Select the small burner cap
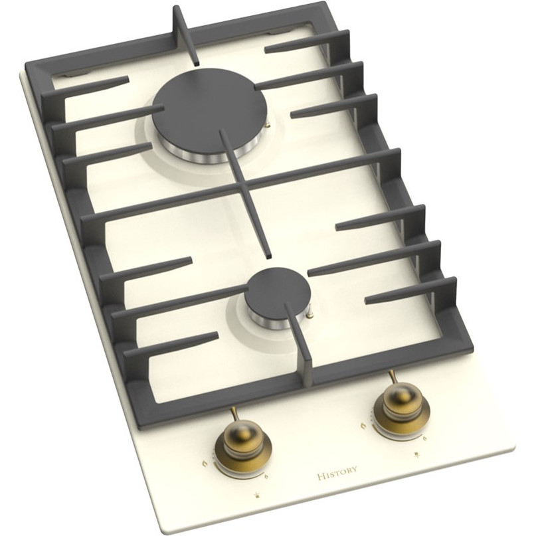278,294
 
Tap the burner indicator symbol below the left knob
256,493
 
